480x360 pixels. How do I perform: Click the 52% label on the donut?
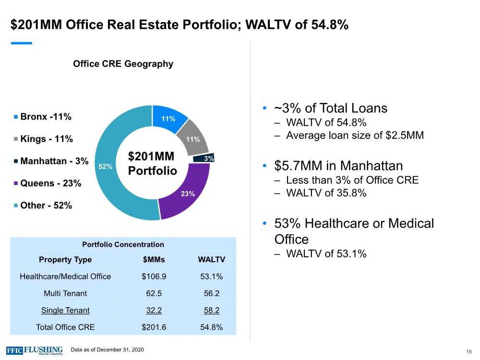[x=105, y=166]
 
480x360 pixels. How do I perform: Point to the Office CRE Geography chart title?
[x=123, y=64]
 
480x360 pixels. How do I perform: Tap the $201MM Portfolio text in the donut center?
[x=153, y=164]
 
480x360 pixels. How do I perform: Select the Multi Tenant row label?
[x=65, y=293]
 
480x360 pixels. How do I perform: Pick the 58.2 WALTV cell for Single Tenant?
[x=211, y=311]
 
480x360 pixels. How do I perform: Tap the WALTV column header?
[x=211, y=260]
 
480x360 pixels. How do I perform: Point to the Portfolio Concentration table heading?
[x=123, y=244]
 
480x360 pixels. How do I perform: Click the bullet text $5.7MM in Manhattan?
[x=338, y=166]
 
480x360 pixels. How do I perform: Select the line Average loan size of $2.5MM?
[x=355, y=135]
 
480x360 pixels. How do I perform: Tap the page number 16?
[x=468, y=352]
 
